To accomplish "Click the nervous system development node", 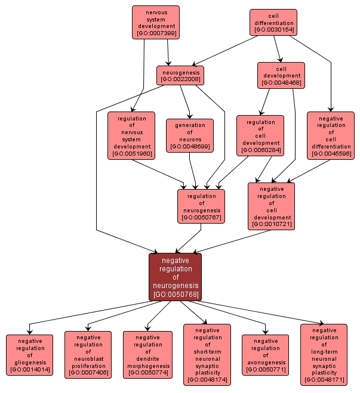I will coord(156,22).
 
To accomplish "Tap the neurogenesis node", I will coord(181,75).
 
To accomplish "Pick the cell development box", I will coord(281,76).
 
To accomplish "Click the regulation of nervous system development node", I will coord(131,135).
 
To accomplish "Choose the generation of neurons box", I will coord(190,135).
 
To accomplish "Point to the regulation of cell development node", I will coord(260,135).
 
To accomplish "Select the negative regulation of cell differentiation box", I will coord(330,135).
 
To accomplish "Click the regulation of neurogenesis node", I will coord(202,206).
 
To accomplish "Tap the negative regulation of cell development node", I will coord(271,206).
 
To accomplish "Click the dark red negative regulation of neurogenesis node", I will coord(176,277).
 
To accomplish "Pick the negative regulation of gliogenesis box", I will coord(29,355).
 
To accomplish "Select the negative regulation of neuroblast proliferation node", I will coord(88,355).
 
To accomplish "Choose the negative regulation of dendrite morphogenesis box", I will coord(147,355).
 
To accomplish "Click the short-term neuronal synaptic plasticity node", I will coord(207,355).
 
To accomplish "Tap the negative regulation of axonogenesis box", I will coord(265,355).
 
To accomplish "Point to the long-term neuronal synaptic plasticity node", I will coord(324,355).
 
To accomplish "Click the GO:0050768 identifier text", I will coord(176,295).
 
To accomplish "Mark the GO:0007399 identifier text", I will coord(156,33).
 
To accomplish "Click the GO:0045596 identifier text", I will coord(330,154).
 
